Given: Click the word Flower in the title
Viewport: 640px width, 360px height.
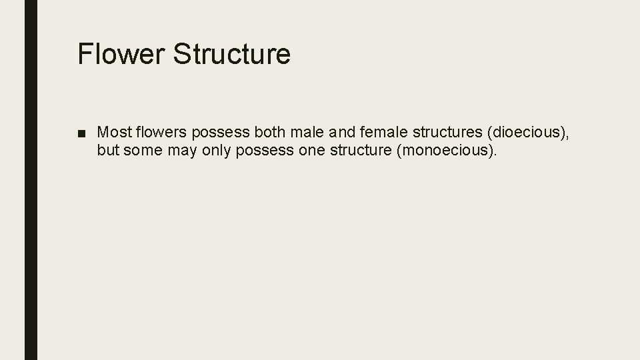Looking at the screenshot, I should (x=121, y=54).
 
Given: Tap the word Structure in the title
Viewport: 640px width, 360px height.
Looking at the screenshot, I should (x=231, y=54).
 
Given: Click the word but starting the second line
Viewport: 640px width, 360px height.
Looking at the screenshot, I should (x=107, y=150).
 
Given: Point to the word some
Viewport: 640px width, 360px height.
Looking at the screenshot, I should (x=138, y=150).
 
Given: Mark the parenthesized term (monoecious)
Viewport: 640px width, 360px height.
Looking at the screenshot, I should (x=447, y=151).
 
